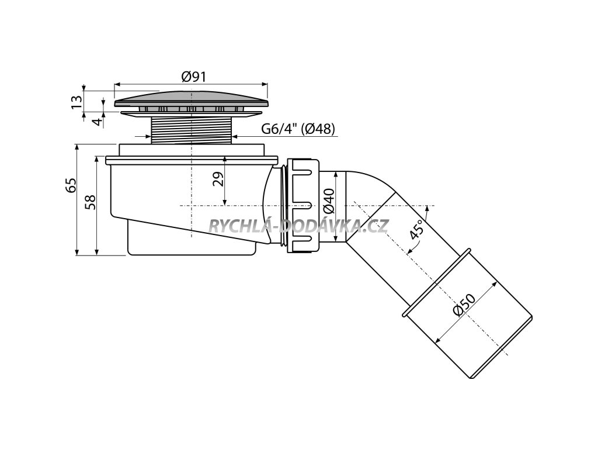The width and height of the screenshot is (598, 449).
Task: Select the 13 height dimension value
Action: tap(75, 102)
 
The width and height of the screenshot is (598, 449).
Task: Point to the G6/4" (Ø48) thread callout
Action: tap(297, 129)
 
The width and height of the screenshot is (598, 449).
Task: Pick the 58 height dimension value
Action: tap(90, 202)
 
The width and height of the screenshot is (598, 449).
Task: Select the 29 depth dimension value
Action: tap(217, 178)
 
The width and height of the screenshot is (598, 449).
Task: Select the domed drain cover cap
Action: tap(192, 97)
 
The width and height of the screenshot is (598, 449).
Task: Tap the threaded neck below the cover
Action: tap(192, 129)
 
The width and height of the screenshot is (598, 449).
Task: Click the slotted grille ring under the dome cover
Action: tap(192, 109)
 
